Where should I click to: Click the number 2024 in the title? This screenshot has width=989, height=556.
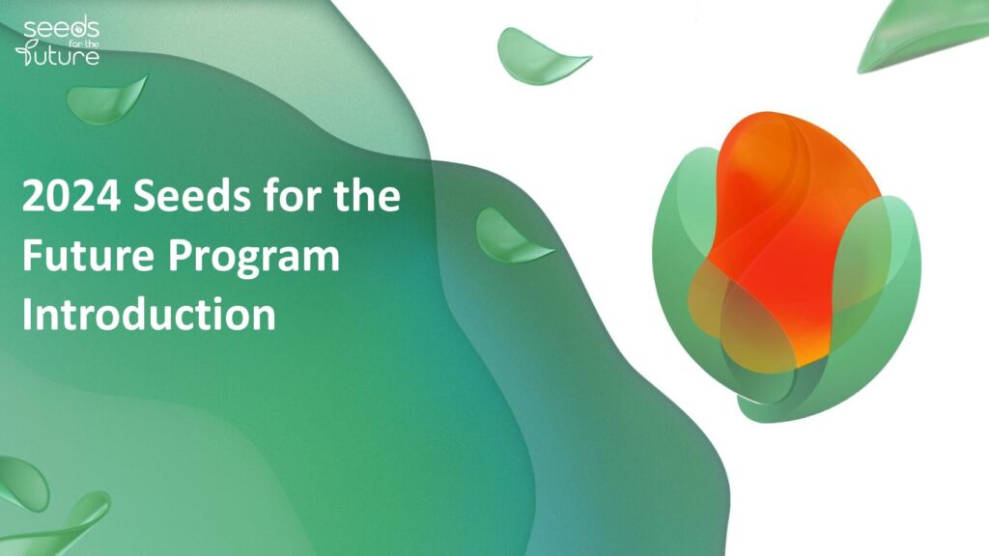pos(71,195)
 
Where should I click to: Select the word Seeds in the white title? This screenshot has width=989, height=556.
pos(192,195)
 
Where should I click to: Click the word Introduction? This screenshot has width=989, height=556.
pos(149,314)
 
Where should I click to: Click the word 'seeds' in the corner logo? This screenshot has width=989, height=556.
pos(62,29)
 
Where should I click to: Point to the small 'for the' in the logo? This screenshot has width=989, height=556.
pos(84,43)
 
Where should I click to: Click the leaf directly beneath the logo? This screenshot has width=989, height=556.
pos(106,100)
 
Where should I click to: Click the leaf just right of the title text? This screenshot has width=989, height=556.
pos(511,237)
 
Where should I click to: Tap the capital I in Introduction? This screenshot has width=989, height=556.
pos(27,314)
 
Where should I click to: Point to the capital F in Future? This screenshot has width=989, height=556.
pos(33,255)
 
